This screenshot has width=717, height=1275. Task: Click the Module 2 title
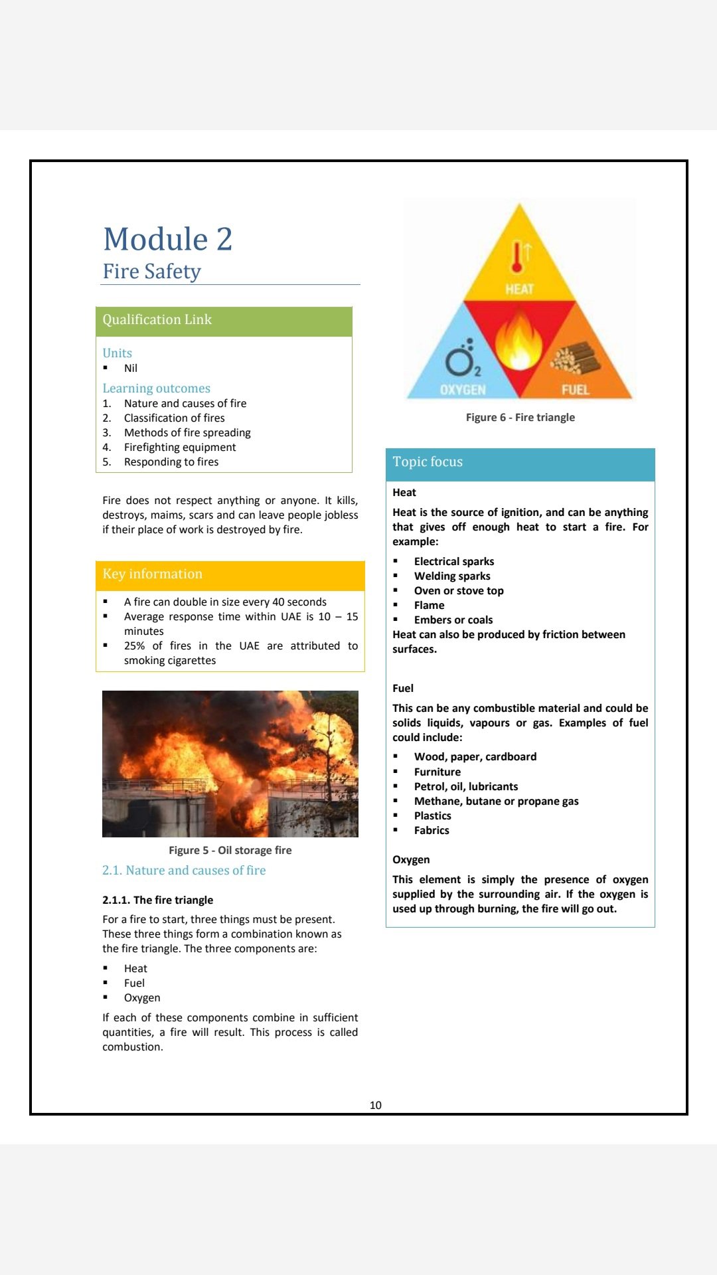pos(168,239)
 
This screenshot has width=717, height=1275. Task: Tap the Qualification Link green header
pos(224,321)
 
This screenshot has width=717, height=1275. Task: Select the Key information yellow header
pos(230,574)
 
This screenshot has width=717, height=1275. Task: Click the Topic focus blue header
pos(520,463)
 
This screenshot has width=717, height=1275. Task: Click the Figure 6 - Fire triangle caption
pos(520,418)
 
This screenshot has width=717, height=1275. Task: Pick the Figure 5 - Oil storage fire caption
pos(230,851)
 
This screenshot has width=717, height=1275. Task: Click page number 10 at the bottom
pos(375,1105)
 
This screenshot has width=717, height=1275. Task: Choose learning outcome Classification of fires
pos(174,418)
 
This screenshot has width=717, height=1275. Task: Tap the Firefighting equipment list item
pos(180,448)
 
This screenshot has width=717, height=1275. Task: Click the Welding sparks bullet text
pos(452,576)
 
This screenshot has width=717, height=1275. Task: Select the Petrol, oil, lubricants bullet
pos(466,787)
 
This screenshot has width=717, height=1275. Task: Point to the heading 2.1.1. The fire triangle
pos(158,900)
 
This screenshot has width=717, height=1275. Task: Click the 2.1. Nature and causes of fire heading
pos(184,871)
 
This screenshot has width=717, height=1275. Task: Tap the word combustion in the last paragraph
pos(132,1047)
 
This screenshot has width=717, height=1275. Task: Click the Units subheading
pos(117,353)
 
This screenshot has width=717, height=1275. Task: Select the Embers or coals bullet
pos(453,620)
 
